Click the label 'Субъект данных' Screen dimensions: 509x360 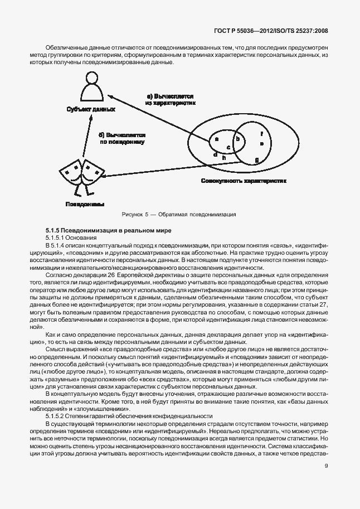(90, 110)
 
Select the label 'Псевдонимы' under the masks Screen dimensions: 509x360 (85, 204)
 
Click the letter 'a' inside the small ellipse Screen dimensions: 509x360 (217, 138)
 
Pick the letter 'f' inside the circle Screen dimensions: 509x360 (261, 133)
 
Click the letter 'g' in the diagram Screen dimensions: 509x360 (256, 160)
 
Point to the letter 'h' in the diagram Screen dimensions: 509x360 (224, 158)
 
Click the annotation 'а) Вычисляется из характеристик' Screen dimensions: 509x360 (170, 99)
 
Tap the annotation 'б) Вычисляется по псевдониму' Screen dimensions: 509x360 (122, 138)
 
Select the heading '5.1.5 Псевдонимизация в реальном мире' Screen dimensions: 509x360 (100, 230)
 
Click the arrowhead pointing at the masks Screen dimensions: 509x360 (106, 177)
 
